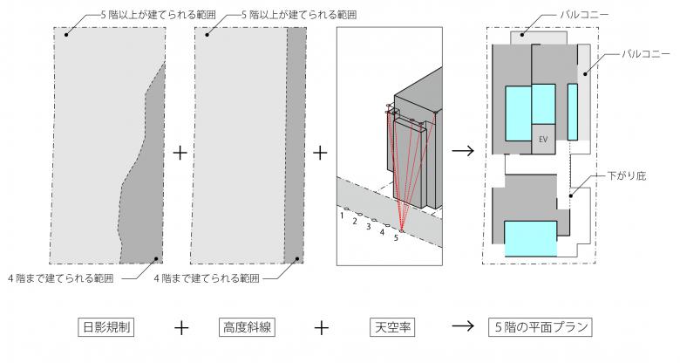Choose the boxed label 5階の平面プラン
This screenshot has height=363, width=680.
click(541, 328)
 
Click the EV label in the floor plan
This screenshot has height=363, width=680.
click(542, 139)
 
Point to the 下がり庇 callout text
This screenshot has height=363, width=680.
click(627, 176)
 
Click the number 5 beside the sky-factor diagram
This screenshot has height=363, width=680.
click(396, 237)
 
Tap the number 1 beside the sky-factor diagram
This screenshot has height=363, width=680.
click(343, 213)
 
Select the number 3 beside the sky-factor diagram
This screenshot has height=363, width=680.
click(369, 226)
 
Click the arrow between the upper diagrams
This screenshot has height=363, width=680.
click(463, 153)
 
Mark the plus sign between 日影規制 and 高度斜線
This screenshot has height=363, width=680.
click(180, 328)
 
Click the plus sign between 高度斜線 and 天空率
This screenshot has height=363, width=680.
click(321, 328)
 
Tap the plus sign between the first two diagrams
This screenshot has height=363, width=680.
click(180, 153)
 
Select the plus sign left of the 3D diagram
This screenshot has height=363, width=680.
click(320, 153)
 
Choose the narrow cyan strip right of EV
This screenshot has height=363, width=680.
click(573, 112)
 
